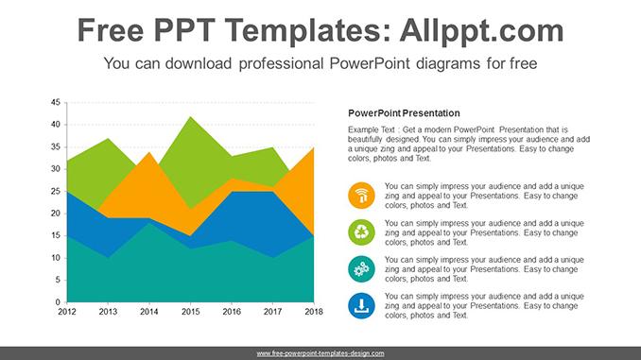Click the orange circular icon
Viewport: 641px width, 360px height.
tap(361, 197)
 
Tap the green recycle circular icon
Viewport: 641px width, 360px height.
tap(361, 232)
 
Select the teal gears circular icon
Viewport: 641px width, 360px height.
tap(361, 268)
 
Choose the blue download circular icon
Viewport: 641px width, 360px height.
tap(361, 304)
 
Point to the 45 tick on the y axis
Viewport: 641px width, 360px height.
tap(56, 102)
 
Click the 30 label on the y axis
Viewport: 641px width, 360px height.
tap(56, 169)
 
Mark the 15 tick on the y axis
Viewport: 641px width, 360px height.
tap(56, 235)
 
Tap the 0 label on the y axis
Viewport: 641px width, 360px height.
tap(59, 301)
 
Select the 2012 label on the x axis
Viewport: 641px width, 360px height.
tap(67, 311)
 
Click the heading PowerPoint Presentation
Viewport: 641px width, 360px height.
tap(404, 112)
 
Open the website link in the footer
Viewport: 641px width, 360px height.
tap(320, 353)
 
